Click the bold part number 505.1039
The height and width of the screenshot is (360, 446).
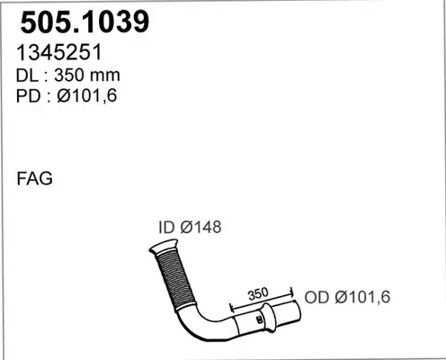pyautogui.click(x=85, y=22)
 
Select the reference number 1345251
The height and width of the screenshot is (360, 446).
pyautogui.click(x=59, y=52)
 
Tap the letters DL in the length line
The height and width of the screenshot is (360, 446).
pyautogui.click(x=27, y=76)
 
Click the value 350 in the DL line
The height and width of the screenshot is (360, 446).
pyautogui.click(x=69, y=75)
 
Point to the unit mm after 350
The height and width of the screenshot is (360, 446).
pyautogui.click(x=104, y=76)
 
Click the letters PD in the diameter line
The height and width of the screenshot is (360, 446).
pyautogui.click(x=28, y=96)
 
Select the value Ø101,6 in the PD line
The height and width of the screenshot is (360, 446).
pyautogui.click(x=87, y=96)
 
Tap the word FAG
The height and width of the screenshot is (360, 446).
pyautogui.click(x=34, y=178)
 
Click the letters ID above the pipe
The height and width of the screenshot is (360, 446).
pyautogui.click(x=166, y=227)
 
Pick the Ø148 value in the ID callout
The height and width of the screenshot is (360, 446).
pyautogui.click(x=201, y=227)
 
